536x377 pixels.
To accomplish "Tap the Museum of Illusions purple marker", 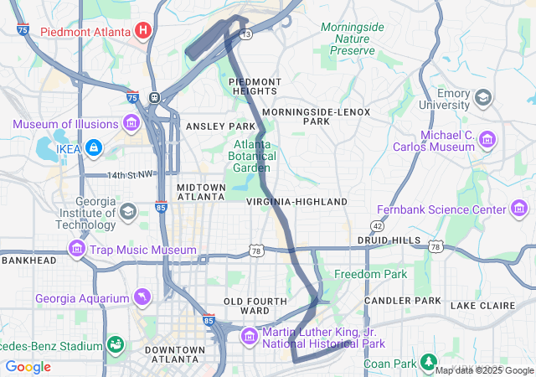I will pyautogui.click(x=131, y=125).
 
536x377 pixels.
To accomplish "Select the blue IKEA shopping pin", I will pyautogui.click(x=93, y=148).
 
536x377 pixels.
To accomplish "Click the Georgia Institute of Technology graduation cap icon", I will pyautogui.click(x=127, y=210).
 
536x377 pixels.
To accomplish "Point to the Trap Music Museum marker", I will pyautogui.click(x=77, y=250).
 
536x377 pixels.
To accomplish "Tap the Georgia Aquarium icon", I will pyautogui.click(x=143, y=298).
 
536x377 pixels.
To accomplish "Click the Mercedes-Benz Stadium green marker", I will pyautogui.click(x=114, y=344).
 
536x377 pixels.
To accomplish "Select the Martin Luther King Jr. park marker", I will pyautogui.click(x=249, y=337).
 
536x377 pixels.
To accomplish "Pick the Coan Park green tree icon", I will pyautogui.click(x=429, y=363).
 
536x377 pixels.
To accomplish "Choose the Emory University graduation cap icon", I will pyautogui.click(x=483, y=99).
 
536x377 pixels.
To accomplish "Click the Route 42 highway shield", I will pyautogui.click(x=377, y=225).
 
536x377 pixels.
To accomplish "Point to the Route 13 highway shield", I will pyautogui.click(x=245, y=34).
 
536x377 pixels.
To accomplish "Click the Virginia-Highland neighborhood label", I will pyautogui.click(x=296, y=202).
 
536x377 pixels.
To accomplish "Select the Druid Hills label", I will pyautogui.click(x=389, y=240).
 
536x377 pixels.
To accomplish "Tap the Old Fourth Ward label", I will pyautogui.click(x=247, y=305).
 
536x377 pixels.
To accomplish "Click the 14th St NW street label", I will pyautogui.click(x=131, y=174).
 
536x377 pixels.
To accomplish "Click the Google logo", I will pyautogui.click(x=28, y=367).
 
